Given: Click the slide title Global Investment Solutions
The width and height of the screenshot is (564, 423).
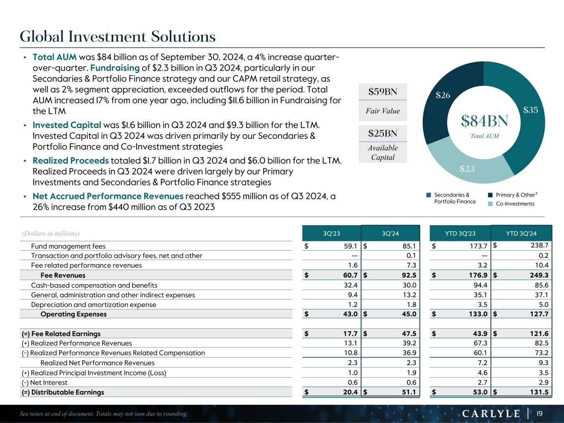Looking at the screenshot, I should (118, 37).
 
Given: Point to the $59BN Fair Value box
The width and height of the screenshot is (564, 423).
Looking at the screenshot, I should (383, 92).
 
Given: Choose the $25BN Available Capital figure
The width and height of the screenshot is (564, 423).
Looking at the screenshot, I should (383, 133).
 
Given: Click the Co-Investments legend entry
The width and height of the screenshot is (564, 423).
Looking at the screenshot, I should (515, 204).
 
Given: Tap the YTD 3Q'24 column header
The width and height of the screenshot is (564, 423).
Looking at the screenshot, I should (521, 233).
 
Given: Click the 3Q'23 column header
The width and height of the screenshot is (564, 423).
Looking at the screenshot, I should (331, 233).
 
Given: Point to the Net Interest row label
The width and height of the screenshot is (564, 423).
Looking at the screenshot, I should (44, 383).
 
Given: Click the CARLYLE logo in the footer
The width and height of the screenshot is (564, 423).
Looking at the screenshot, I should (490, 413).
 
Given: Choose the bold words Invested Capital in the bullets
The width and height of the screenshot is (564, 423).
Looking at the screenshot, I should (67, 125).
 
